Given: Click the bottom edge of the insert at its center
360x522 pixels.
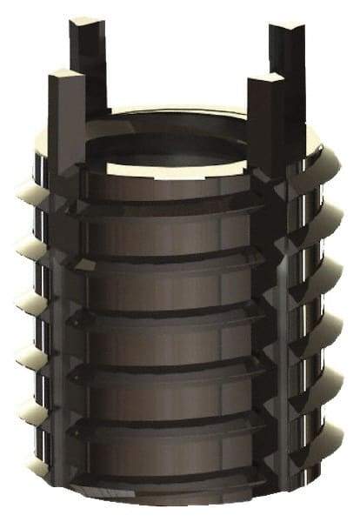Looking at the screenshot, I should click(174, 503).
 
